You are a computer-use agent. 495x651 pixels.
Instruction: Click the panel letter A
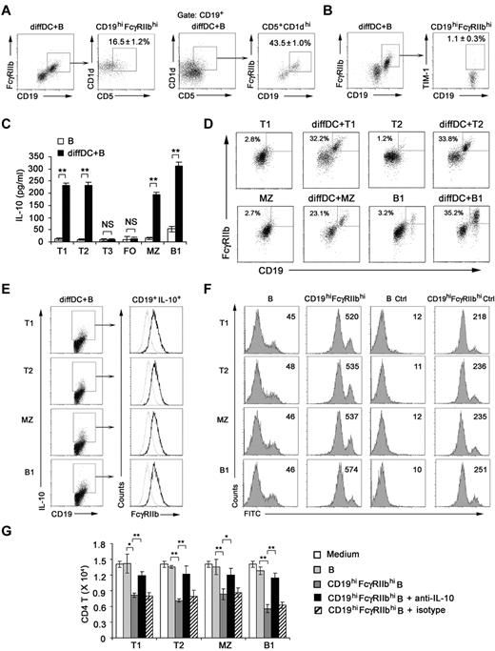pyautogui.click(x=9, y=8)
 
